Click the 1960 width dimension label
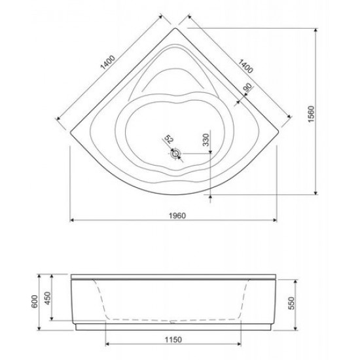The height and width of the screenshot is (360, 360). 177,216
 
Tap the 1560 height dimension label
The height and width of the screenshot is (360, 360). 311,114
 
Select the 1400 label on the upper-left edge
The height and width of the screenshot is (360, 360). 108,62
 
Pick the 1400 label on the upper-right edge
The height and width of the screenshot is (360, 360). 245,66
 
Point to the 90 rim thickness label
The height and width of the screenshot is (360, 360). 247,88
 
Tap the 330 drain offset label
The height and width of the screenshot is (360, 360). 206,140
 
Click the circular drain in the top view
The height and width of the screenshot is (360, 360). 176,153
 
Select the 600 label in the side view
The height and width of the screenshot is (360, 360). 34,302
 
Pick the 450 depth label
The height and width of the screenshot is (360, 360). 48,298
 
